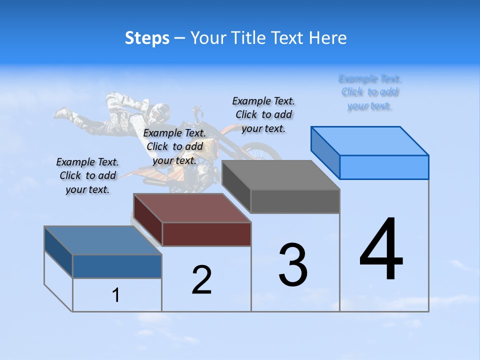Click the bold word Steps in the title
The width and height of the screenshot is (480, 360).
click(147, 38)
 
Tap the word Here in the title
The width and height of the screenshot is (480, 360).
click(328, 38)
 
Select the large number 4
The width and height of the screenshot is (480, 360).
click(381, 249)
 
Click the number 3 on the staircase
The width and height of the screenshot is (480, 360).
click(292, 265)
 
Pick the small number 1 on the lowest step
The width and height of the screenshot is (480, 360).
click(116, 295)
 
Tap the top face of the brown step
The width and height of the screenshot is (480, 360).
click(192, 208)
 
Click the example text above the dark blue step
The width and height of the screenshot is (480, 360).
click(88, 175)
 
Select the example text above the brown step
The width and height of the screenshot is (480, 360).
click(174, 146)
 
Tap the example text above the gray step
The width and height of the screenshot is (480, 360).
click(263, 114)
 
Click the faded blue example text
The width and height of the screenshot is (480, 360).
click(369, 92)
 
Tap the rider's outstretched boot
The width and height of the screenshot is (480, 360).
click(62, 113)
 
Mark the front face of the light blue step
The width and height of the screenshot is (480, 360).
click(384, 167)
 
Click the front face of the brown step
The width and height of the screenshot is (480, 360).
click(206, 234)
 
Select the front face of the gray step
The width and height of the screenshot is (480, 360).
click(295, 201)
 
